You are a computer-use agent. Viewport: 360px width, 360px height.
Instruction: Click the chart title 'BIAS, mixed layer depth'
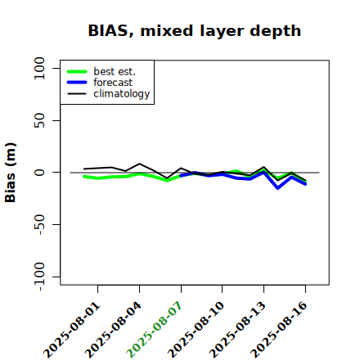pos(195,31)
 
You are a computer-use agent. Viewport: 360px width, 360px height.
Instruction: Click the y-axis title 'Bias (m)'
pos(11,173)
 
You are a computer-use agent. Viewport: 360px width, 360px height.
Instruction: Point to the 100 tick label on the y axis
pos(39,68)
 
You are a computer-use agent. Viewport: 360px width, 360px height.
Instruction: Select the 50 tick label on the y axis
pos(39,120)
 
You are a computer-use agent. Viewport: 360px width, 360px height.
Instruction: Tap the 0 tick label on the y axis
pos(39,173)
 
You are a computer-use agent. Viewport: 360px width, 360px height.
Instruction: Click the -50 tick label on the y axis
pos(40,224)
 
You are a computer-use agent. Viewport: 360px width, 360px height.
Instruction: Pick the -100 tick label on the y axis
pos(40,277)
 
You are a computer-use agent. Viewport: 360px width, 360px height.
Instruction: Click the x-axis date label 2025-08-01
pos(72,330)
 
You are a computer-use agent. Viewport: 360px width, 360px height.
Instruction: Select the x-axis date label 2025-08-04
pos(114,330)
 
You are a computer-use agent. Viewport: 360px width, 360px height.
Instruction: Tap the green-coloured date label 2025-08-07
pos(155,330)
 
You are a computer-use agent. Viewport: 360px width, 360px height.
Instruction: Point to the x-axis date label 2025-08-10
pos(196,330)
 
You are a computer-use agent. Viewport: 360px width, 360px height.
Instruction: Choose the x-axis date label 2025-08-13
pos(237,330)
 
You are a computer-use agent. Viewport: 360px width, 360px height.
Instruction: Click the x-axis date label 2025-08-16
pos(279,330)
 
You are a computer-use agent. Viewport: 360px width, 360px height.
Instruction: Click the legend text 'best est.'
pos(115,71)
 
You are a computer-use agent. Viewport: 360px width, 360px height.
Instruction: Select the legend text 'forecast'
pos(113,83)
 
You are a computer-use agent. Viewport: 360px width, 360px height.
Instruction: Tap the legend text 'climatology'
pos(122,94)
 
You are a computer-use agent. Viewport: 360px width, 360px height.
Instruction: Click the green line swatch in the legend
pos(77,71)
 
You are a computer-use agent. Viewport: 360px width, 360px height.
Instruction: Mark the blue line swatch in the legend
pos(77,83)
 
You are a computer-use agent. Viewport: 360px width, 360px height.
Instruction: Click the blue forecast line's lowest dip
pos(277,188)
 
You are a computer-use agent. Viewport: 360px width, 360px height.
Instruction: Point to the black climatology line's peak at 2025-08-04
pos(140,164)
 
